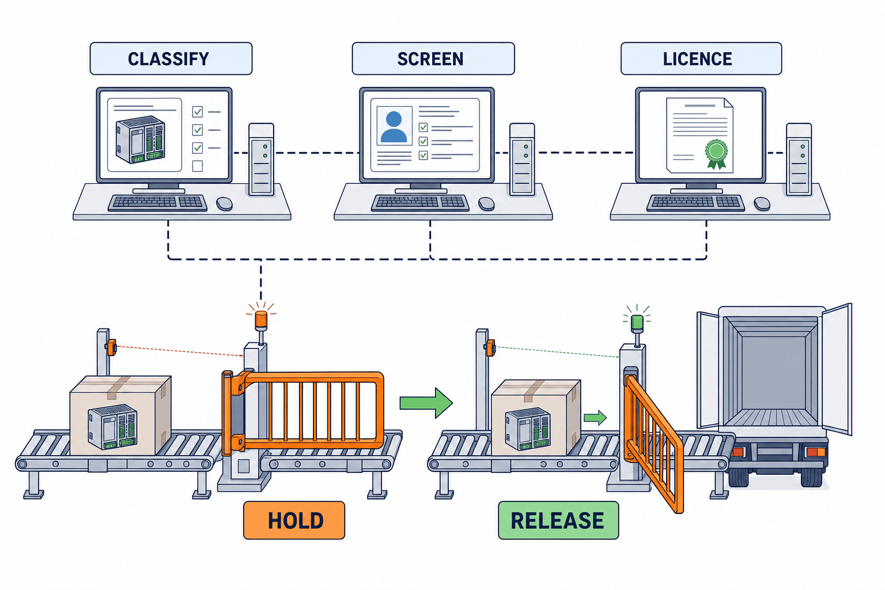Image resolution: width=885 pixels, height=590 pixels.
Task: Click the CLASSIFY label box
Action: coord(171,59)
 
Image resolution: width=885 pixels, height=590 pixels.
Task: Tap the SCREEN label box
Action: coord(433,59)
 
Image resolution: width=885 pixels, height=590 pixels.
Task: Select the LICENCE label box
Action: coord(701,59)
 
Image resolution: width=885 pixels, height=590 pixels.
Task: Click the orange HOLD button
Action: coord(294,520)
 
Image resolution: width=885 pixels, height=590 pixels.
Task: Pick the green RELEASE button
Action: coord(558,520)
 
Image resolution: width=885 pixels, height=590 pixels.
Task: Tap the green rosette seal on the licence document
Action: coord(716,154)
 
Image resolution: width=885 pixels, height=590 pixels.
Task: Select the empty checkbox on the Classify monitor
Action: coord(198,166)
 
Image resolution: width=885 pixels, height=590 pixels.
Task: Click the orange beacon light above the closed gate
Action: coord(261,319)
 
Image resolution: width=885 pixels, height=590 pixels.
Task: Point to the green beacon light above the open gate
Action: coord(637,323)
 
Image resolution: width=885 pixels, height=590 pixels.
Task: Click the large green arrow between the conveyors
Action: coord(426,403)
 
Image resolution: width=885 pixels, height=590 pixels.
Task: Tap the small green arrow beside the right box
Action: coord(595,418)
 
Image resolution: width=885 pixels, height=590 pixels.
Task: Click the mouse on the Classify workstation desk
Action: coord(224,204)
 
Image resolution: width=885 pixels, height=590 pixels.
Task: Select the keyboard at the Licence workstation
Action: coord(695,203)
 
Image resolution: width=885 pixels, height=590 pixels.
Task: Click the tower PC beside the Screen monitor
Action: coord(522,159)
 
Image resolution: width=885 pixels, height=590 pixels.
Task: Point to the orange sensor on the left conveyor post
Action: coord(111,347)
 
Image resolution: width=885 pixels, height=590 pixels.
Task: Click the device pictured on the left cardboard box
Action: coord(112,427)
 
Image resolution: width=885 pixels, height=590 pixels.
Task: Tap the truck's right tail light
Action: coord(815,452)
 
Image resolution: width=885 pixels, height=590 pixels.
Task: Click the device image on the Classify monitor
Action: coord(140,139)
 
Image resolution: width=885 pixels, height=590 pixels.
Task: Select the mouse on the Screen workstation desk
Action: coord(486,204)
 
